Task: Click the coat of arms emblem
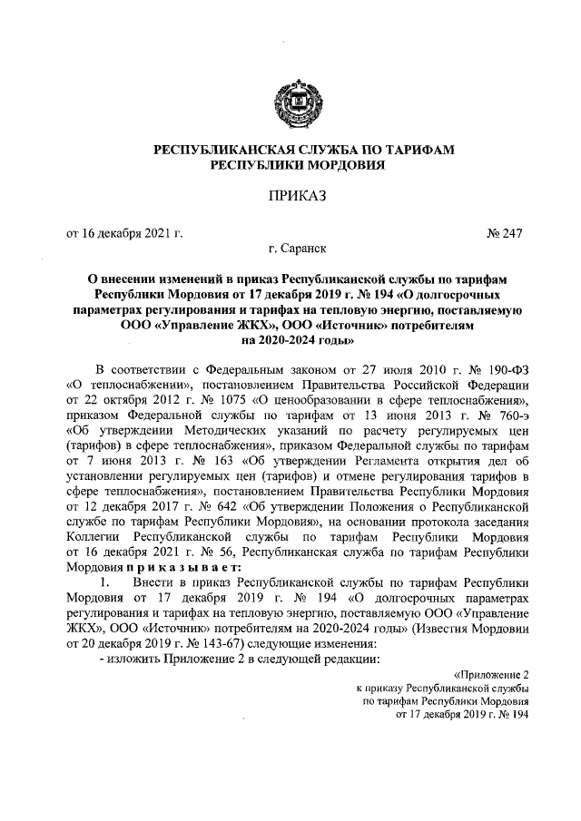pos(290,101)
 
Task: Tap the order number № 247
pos(505,233)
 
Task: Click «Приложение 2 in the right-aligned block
pos(493,674)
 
